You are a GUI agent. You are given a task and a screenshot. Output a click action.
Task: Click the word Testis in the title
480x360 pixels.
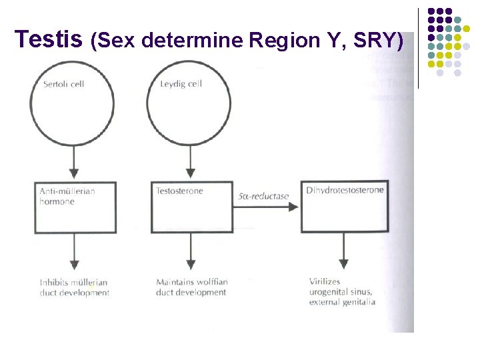click(47, 40)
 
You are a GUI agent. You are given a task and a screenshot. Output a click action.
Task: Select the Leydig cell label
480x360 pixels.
click(181, 84)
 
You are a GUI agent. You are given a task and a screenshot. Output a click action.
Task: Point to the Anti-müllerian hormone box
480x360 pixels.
click(75, 207)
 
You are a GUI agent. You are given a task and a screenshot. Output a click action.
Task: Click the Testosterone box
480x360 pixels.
click(192, 207)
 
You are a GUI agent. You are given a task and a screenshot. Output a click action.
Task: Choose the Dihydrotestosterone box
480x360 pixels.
click(343, 207)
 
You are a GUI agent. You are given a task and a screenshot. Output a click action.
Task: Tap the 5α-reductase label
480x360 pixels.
click(263, 196)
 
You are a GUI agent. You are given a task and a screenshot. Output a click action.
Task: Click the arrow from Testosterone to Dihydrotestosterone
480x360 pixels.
click(267, 207)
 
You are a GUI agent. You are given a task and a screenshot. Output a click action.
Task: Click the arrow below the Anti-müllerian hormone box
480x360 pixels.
click(75, 251)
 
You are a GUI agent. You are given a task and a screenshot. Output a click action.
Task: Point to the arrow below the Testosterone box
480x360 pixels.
click(191, 251)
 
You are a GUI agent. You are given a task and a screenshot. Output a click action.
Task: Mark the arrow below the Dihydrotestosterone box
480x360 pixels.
click(343, 251)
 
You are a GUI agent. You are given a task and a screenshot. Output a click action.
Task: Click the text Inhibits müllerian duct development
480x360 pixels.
click(74, 287)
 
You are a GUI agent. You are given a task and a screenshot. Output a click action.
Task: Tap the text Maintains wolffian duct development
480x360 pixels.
click(191, 287)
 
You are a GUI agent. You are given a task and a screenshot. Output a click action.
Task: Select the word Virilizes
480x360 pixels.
click(325, 281)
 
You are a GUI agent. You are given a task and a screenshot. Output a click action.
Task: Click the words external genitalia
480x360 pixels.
click(342, 302)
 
